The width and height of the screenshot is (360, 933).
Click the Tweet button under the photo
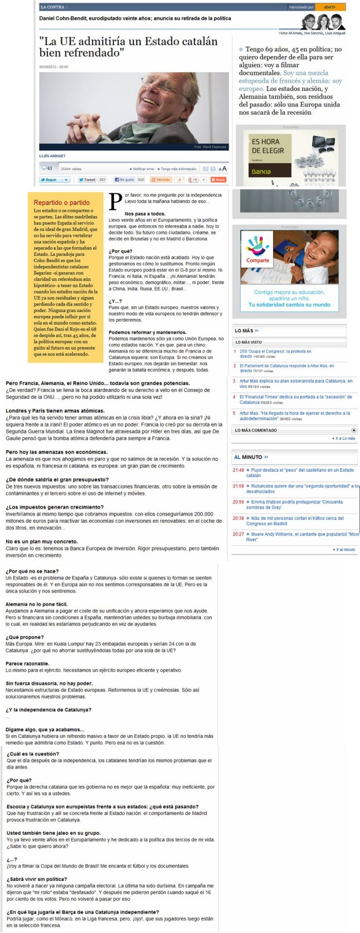click(87, 180)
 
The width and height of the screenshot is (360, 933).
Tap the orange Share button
click(218, 180)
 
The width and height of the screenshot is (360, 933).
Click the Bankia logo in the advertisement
click(260, 171)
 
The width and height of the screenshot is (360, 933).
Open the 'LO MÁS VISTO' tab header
click(248, 342)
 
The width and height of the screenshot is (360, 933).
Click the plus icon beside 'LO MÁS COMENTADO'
click(354, 431)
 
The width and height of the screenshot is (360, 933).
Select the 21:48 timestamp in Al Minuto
click(238, 470)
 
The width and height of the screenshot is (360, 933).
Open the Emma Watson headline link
click(297, 505)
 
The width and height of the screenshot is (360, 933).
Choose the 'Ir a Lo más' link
click(345, 439)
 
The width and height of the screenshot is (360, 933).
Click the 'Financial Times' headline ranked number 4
click(296, 399)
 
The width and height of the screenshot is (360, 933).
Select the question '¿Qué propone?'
click(21, 637)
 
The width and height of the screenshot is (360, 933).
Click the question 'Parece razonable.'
click(27, 663)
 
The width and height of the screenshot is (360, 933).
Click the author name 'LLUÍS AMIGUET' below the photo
click(52, 156)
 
